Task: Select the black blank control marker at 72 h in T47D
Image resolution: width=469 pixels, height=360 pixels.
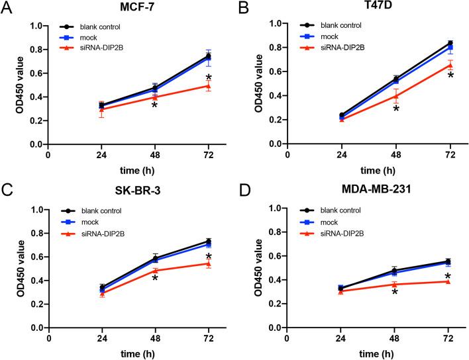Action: (449, 43)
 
